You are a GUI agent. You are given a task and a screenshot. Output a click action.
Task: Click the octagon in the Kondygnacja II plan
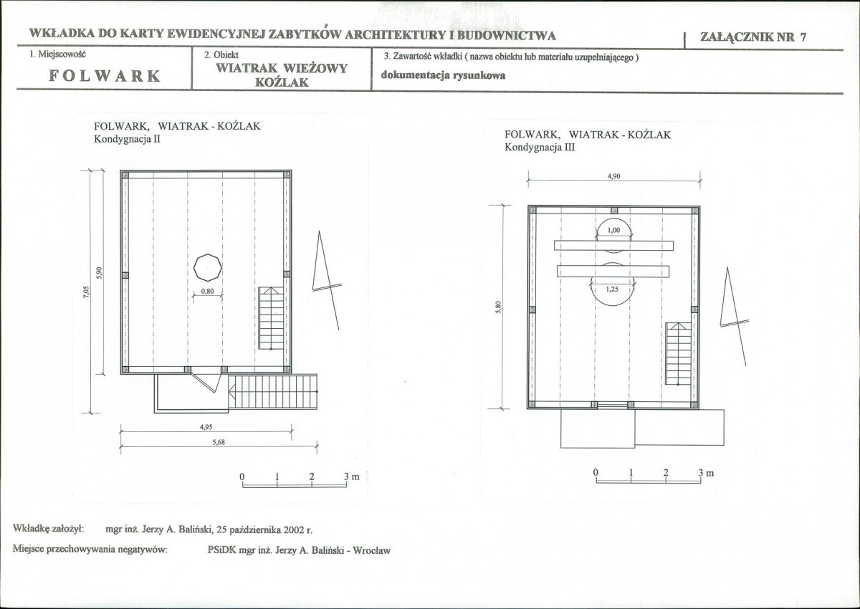(x=208, y=267)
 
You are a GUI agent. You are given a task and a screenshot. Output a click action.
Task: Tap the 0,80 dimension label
(x=207, y=292)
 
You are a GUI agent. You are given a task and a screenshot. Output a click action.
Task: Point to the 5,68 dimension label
(x=219, y=442)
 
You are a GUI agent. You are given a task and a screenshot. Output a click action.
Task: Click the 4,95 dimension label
(x=206, y=427)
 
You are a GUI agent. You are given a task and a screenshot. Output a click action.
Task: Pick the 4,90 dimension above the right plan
(x=613, y=176)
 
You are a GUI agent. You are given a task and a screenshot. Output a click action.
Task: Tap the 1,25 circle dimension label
(x=612, y=289)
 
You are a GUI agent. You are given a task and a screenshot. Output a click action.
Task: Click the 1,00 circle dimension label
(x=613, y=230)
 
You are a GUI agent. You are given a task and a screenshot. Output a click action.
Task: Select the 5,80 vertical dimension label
(x=498, y=307)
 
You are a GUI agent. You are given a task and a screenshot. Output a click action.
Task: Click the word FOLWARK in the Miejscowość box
(x=105, y=76)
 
